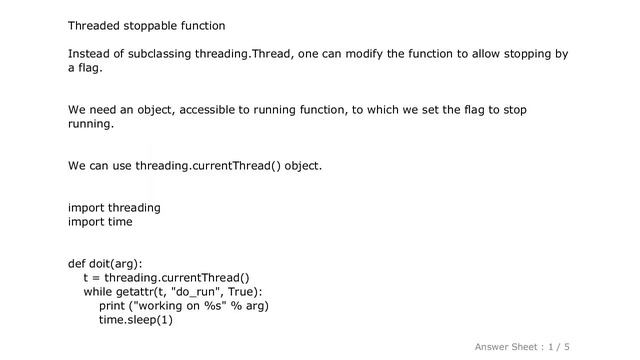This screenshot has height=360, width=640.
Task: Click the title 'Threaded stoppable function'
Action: click(x=146, y=24)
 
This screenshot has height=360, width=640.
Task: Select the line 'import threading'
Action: click(x=114, y=207)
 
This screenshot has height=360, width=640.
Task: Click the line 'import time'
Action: click(x=100, y=221)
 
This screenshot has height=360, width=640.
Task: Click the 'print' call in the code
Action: click(x=112, y=306)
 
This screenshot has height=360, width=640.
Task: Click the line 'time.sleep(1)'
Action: click(x=136, y=320)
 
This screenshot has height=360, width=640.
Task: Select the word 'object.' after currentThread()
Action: click(x=303, y=165)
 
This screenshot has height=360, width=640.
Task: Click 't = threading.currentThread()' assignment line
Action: click(x=166, y=278)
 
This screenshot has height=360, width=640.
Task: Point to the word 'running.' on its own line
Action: click(x=91, y=124)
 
